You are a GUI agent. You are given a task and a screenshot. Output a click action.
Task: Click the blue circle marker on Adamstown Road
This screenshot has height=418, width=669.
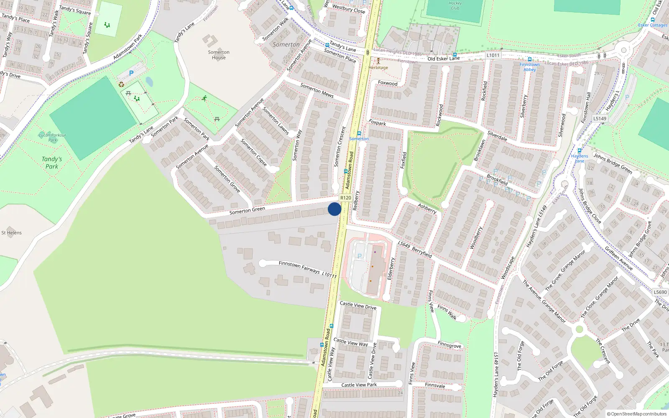(x=334, y=209)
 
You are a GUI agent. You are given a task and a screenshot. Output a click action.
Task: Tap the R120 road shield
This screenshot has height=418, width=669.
(x=345, y=198)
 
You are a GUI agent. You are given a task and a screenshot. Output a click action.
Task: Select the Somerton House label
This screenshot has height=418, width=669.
(x=219, y=55)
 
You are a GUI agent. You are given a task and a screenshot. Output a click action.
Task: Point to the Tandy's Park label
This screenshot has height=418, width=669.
(x=52, y=163)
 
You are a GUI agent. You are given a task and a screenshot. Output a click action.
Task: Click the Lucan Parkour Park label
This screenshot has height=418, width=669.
(x=52, y=138)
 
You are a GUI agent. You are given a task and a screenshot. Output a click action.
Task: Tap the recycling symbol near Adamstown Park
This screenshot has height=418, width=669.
(x=121, y=84)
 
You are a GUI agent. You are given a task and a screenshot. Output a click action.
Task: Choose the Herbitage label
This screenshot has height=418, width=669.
(x=378, y=67)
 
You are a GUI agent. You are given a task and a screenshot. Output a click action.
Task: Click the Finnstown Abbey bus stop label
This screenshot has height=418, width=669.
(x=529, y=67)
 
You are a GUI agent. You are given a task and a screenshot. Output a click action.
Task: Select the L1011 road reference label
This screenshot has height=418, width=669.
(x=493, y=55)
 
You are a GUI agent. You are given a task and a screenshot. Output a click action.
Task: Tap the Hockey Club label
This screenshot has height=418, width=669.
(x=455, y=5)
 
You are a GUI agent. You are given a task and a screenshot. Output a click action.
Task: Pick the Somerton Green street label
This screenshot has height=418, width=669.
(x=247, y=211)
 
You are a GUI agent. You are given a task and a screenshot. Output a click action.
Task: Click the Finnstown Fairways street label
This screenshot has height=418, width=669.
(x=299, y=267)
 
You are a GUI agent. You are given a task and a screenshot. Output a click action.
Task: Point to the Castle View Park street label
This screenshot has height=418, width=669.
(x=359, y=385)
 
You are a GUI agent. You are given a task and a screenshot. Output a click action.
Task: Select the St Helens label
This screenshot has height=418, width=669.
(x=11, y=233)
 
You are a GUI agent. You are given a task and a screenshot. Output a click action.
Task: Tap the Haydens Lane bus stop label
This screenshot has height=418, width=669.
(x=580, y=158)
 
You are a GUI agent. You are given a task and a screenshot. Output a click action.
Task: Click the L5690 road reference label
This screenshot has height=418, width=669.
(x=660, y=292)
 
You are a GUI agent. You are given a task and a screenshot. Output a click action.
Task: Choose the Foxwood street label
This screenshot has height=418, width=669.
(x=388, y=83)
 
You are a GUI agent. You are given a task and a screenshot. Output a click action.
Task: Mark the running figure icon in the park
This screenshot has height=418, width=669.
(x=204, y=99)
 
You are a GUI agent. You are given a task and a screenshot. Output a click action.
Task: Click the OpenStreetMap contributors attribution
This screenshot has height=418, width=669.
(x=637, y=414)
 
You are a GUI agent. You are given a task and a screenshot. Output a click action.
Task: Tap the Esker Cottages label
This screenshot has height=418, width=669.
(x=653, y=25)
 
